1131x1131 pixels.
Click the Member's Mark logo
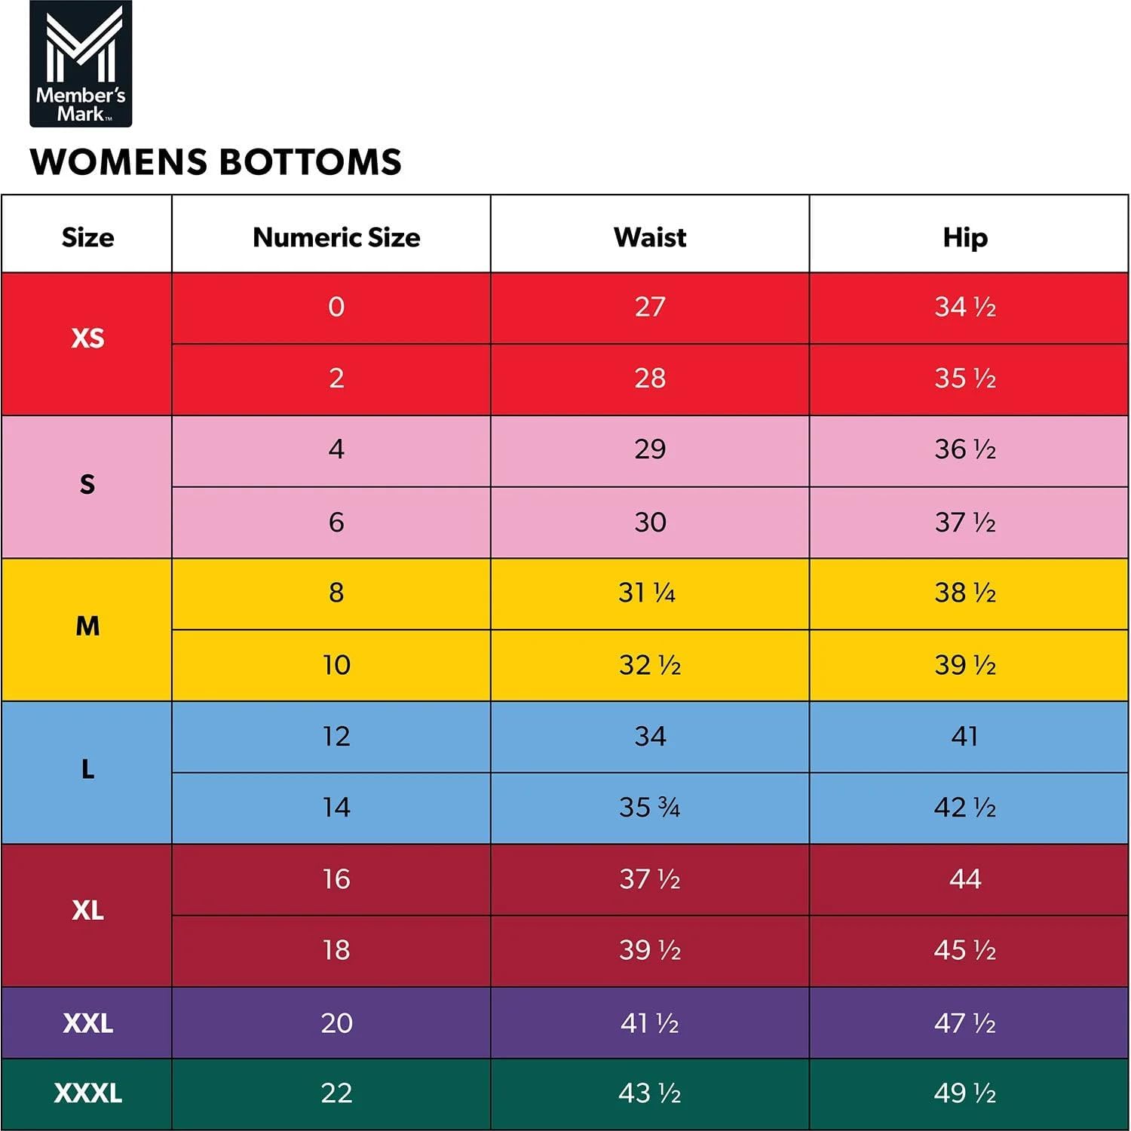tap(81, 63)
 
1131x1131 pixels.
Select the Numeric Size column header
tap(336, 238)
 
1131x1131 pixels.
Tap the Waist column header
tap(650, 238)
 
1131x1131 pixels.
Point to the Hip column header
tap(964, 238)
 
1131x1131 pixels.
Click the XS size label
tap(87, 338)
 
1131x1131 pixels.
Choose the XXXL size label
tap(87, 1093)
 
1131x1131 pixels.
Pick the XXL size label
tap(87, 1023)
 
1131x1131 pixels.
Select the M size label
tap(87, 626)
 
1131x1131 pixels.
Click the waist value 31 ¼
tap(647, 593)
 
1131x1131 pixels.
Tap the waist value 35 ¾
tap(649, 808)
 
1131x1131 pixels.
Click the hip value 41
tap(964, 736)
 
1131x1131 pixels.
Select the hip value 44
tap(964, 879)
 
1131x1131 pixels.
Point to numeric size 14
tap(336, 808)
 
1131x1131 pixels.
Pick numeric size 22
tap(336, 1093)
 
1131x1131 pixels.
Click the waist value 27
tap(650, 307)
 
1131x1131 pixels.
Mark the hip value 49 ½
tap(964, 1093)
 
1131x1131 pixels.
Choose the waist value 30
tap(650, 522)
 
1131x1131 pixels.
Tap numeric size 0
tap(336, 307)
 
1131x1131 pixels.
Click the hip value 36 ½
tap(964, 449)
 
